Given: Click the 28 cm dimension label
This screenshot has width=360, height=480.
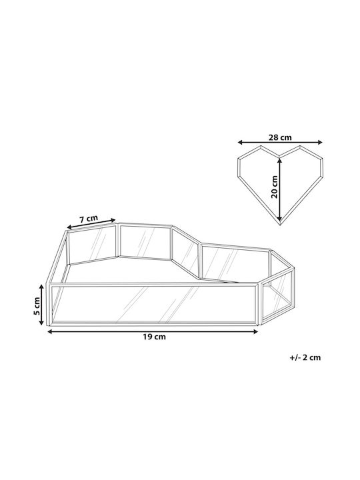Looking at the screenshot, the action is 280,137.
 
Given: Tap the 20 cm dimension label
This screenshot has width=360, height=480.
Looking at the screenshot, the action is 274,187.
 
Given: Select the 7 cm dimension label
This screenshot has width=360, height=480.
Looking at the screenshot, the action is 89,219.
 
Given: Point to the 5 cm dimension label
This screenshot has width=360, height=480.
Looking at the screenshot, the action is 37,306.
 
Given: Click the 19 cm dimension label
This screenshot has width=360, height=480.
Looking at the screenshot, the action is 154,337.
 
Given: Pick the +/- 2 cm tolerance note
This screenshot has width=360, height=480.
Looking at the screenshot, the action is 305,357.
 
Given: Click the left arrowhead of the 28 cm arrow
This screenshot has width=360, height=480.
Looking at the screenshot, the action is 240,142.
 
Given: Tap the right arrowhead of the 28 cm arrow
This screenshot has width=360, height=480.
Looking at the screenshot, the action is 320,142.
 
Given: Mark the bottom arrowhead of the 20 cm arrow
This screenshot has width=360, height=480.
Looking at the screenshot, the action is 279,218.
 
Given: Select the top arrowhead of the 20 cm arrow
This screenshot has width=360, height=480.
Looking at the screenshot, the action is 279,160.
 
